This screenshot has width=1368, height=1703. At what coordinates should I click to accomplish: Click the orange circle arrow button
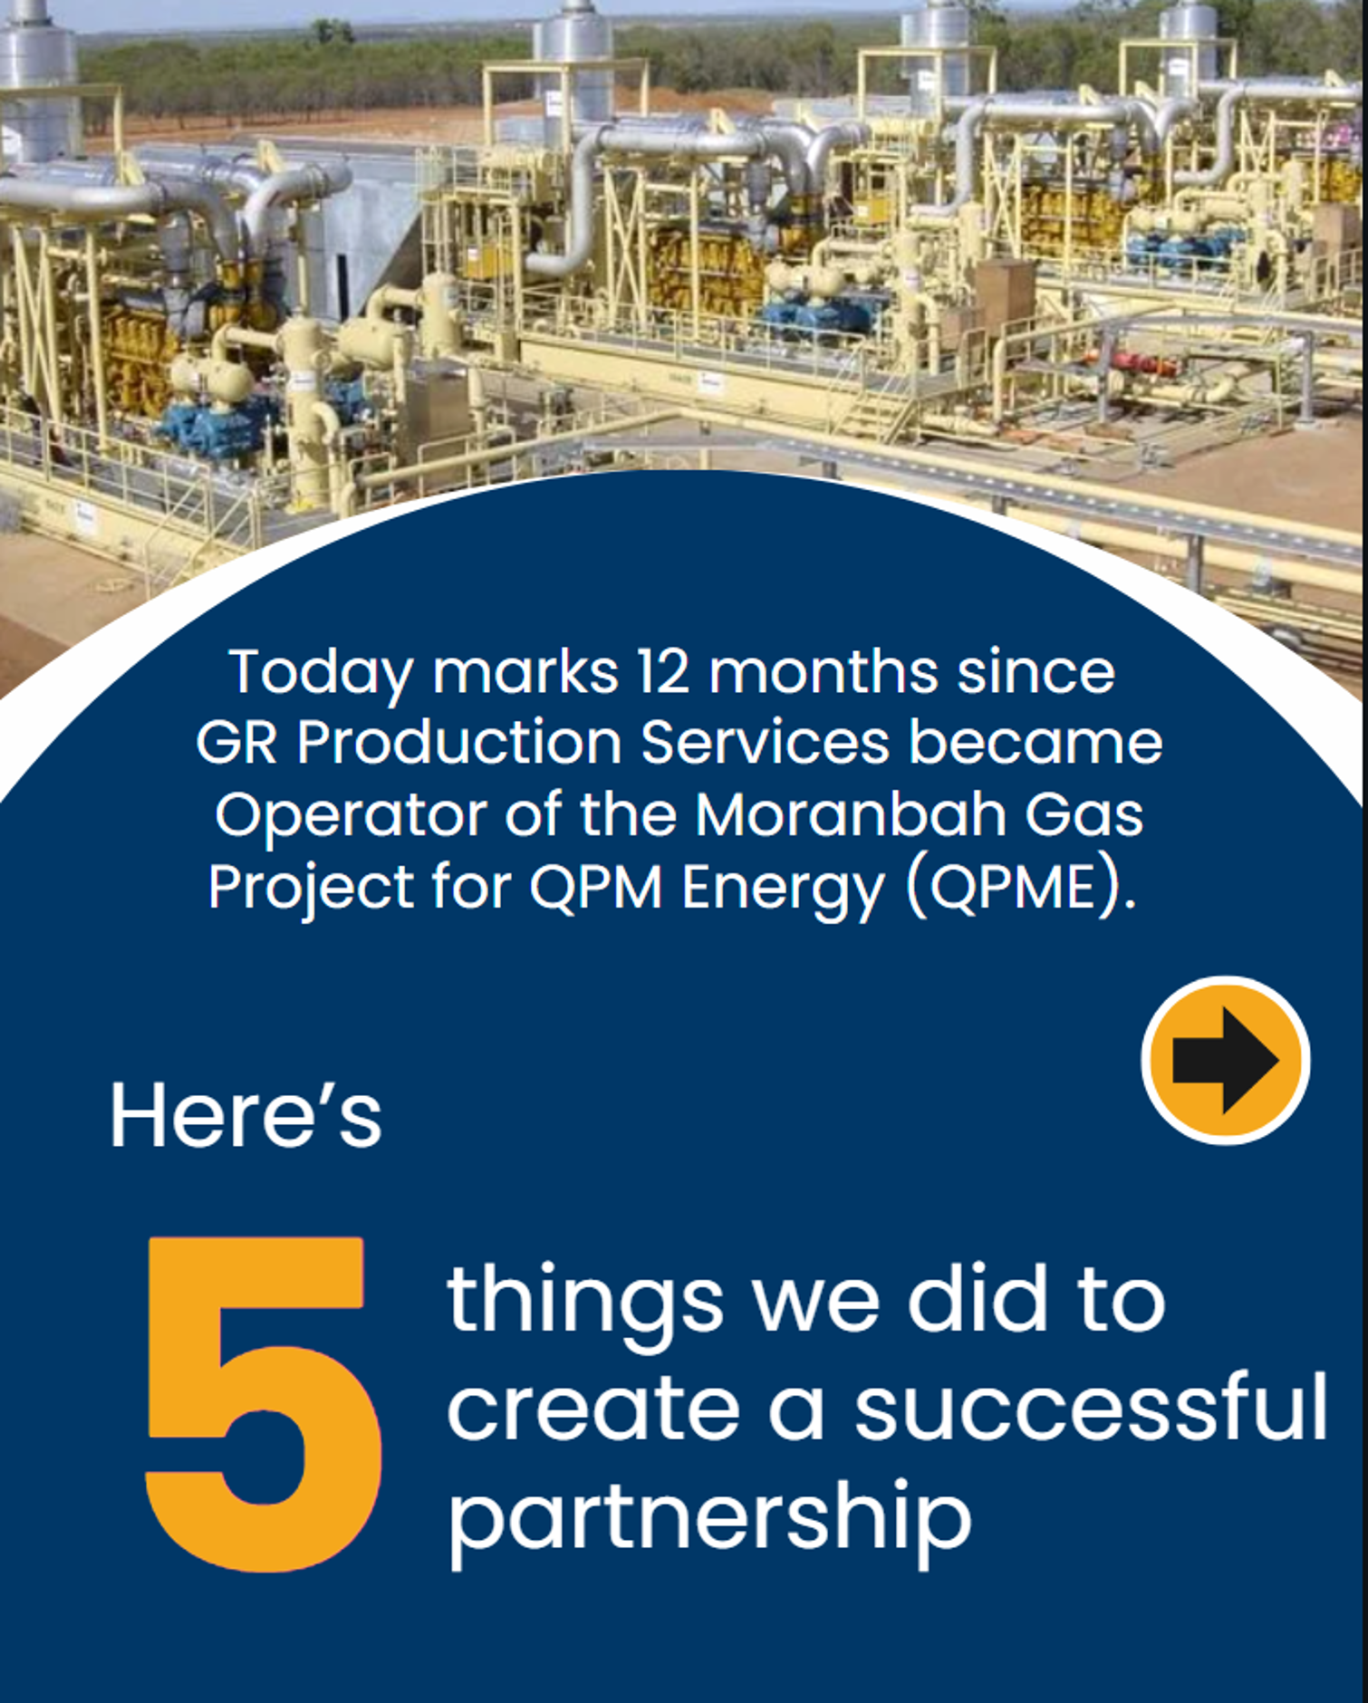pos(1225,1060)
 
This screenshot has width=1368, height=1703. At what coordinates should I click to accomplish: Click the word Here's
pos(246,1116)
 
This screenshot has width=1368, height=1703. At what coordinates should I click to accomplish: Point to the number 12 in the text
pos(663,672)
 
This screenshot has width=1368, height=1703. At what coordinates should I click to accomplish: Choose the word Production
pos(458,744)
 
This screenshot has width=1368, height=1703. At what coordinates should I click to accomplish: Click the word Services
pos(766,744)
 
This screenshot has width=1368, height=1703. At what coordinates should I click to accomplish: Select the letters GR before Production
pos(236,744)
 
